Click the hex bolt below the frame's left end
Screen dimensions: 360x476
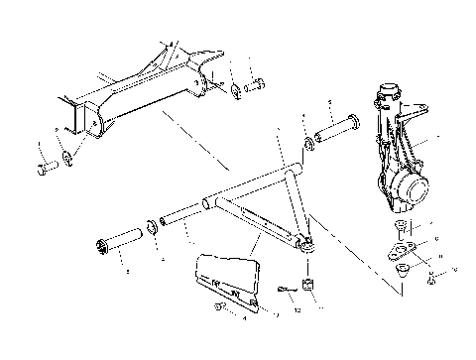(x=43, y=167)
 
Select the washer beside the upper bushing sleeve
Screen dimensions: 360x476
(x=310, y=147)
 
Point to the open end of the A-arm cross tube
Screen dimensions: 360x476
(x=207, y=202)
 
